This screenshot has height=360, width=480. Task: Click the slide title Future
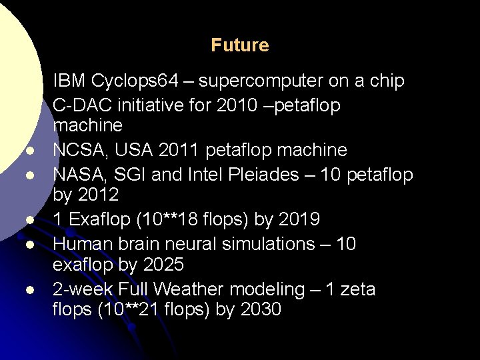click(x=240, y=45)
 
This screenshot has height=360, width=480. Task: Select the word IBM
click(x=69, y=81)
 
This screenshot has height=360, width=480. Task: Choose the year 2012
click(x=98, y=195)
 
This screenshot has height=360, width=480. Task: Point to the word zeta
click(x=357, y=289)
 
